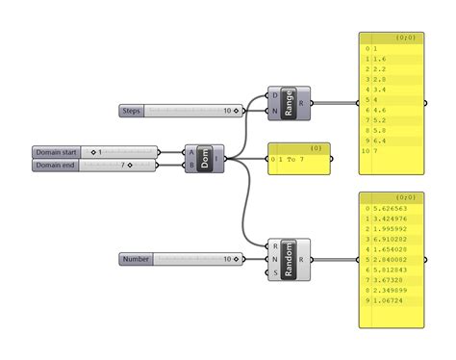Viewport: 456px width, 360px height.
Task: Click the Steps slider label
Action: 132,111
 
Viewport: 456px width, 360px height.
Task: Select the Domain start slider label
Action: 56,152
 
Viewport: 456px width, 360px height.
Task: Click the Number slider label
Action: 136,259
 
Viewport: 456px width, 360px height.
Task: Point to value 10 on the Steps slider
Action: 227,111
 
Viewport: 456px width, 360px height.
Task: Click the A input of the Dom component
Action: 191,152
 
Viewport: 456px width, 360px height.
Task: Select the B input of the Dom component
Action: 191,165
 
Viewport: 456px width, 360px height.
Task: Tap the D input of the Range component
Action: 275,95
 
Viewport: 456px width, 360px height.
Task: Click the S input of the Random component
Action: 275,272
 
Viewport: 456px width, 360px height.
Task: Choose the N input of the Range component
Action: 275,111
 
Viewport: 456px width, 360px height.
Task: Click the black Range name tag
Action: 290,103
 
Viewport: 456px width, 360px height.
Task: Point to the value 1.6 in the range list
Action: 381,58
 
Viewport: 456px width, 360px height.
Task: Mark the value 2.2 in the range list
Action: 381,69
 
